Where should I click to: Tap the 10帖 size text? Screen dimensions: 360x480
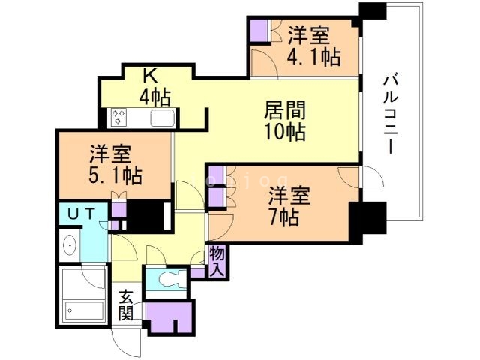click(285, 133)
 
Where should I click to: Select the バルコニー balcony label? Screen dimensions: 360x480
click(389, 112)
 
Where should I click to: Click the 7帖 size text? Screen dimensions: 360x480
click(286, 217)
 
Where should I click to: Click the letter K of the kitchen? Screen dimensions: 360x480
click(150, 76)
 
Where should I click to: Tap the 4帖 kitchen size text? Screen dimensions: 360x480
click(154, 97)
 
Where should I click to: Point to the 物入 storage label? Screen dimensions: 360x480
click(217, 261)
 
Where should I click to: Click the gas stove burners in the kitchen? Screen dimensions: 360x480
click(120, 117)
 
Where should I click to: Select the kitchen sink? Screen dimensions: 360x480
click(162, 118)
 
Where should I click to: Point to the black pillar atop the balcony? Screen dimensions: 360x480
click(372, 12)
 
